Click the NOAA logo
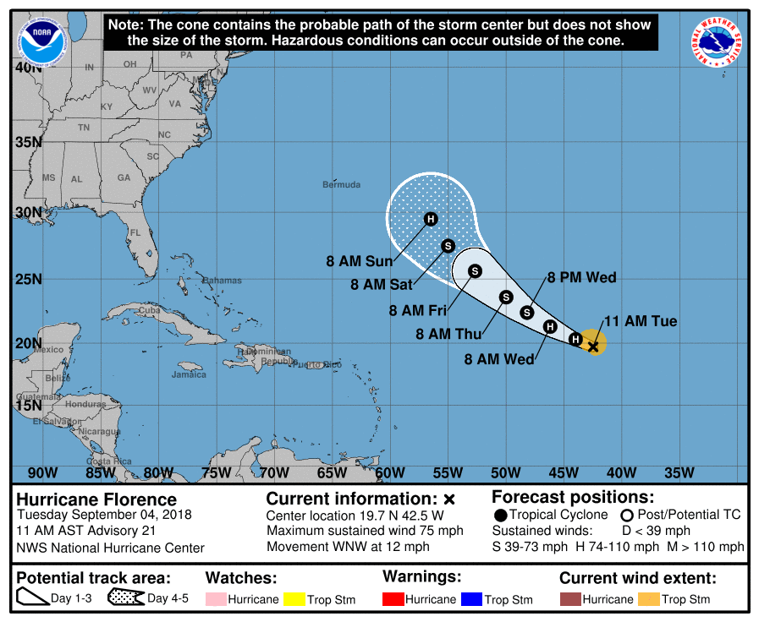(x=42, y=39)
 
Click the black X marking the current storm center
(x=593, y=346)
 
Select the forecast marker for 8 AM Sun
(x=431, y=220)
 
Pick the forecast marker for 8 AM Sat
(x=448, y=246)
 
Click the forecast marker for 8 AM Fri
(x=475, y=271)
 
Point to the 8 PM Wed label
(x=581, y=277)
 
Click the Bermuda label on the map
(x=341, y=184)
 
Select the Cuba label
(x=149, y=310)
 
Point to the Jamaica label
(x=189, y=374)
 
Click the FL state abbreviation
(x=135, y=232)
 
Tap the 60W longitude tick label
(x=390, y=472)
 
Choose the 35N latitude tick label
(x=28, y=141)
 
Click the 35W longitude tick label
(x=679, y=472)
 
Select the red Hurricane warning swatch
(x=393, y=599)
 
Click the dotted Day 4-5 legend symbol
(x=124, y=598)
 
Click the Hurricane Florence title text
(x=96, y=499)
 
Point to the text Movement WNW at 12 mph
(x=348, y=546)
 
